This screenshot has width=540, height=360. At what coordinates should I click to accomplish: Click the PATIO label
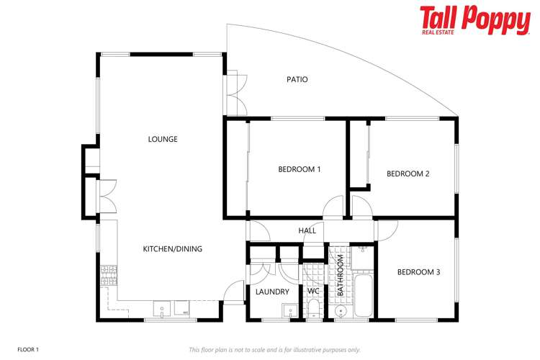[297, 79]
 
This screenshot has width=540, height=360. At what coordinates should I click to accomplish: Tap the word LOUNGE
[163, 139]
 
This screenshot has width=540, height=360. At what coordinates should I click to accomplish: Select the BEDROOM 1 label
[299, 169]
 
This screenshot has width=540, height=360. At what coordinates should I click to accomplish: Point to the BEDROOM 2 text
[408, 174]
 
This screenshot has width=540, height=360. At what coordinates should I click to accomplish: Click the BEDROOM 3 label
[418, 272]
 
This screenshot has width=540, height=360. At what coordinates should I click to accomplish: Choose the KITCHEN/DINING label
[172, 249]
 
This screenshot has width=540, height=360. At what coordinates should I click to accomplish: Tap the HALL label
[307, 230]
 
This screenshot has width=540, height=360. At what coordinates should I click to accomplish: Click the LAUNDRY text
[272, 292]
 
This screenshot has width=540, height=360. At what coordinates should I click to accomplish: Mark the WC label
[313, 292]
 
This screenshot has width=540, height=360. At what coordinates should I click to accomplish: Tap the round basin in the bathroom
[342, 311]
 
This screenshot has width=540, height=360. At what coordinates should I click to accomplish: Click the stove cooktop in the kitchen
[108, 274]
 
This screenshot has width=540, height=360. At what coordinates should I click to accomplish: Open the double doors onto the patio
[234, 92]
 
